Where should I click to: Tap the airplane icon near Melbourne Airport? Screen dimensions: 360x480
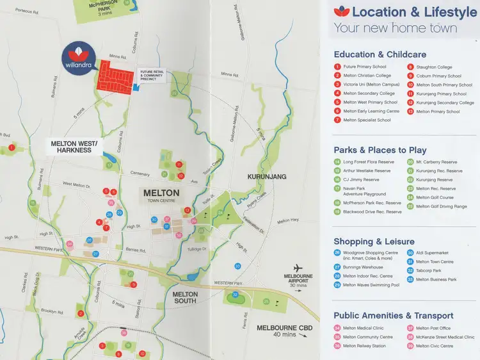tap(296, 268)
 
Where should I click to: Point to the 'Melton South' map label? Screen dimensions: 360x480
tap(186, 298)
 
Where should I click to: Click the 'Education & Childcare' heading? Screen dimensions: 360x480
tap(380, 54)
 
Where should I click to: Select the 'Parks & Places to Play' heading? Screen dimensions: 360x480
tap(380, 150)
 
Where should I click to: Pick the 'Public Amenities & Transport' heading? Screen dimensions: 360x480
tap(393, 315)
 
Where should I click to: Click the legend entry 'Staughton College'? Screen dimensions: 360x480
tap(433, 67)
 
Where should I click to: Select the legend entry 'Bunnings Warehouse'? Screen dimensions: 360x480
tap(363, 266)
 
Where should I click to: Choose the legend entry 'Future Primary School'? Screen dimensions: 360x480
tap(364, 67)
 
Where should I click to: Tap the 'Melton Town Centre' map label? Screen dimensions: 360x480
tap(161, 195)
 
